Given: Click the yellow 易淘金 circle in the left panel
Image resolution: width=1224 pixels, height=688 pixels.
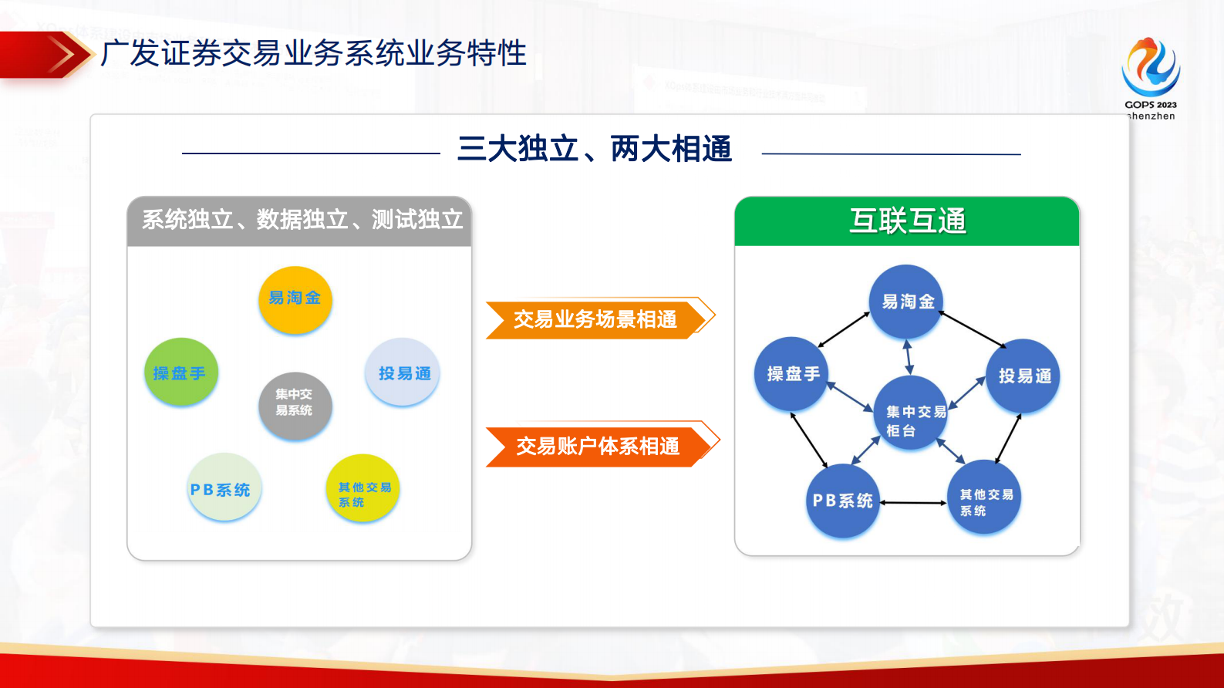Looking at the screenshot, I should pyautogui.click(x=295, y=299).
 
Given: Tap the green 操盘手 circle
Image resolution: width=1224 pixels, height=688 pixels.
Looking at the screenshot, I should pyautogui.click(x=180, y=372).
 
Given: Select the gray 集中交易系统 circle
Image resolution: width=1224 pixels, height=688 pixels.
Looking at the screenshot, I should pyautogui.click(x=295, y=404).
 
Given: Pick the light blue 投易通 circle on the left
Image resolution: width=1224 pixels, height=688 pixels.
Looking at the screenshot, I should pyautogui.click(x=403, y=372).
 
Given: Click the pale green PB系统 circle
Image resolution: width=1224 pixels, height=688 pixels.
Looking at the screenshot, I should pyautogui.click(x=224, y=487).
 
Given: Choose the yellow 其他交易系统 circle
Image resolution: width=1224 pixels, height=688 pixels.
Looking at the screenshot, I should pyautogui.click(x=362, y=489).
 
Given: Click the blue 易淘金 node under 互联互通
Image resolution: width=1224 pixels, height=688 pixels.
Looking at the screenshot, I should pyautogui.click(x=906, y=302).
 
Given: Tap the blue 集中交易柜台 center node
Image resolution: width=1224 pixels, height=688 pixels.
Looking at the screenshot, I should pyautogui.click(x=911, y=413).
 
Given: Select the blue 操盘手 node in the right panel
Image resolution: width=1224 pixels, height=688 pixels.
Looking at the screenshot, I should pyautogui.click(x=791, y=374).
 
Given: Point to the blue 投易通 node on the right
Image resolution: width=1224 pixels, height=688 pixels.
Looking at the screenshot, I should pyautogui.click(x=1023, y=376).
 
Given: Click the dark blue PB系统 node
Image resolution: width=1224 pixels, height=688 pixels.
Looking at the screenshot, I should pyautogui.click(x=842, y=501).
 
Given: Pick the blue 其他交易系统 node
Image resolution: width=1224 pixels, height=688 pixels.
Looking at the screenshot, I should pyautogui.click(x=984, y=497).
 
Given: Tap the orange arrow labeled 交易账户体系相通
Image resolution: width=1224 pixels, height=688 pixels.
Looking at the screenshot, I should pyautogui.click(x=597, y=445).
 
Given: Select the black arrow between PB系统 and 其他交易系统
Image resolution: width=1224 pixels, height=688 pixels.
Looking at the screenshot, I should pyautogui.click(x=913, y=503).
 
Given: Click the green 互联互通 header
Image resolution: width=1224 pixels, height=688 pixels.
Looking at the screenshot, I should pyautogui.click(x=906, y=221).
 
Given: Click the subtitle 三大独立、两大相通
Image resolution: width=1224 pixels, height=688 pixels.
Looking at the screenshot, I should pyautogui.click(x=594, y=149).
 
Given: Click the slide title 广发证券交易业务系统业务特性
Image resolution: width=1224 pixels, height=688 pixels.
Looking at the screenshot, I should pyautogui.click(x=313, y=53).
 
